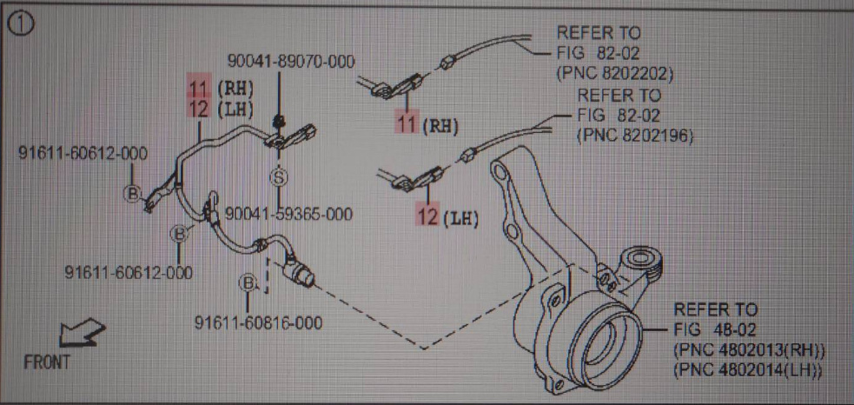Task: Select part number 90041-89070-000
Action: click(x=291, y=62)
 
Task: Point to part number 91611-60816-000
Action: click(x=259, y=323)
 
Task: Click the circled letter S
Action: click(x=279, y=178)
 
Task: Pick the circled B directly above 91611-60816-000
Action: click(x=248, y=283)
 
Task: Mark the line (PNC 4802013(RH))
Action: click(x=749, y=350)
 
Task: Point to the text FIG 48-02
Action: click(x=715, y=329)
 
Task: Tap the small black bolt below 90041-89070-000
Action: click(x=278, y=119)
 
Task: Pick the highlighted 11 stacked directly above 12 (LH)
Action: click(x=200, y=87)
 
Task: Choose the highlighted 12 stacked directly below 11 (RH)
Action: click(x=200, y=108)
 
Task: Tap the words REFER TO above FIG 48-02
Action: click(x=715, y=309)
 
